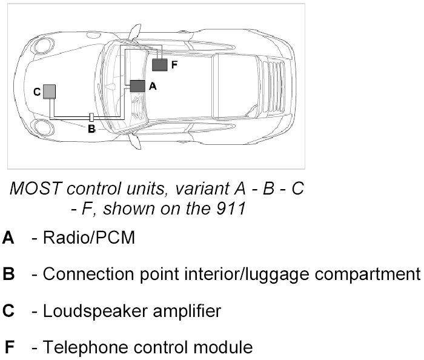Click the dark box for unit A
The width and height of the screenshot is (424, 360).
point(138,86)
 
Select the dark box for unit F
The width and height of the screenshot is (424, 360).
point(159,64)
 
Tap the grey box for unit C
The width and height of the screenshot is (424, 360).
point(49,92)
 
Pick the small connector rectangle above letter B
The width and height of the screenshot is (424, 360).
point(91,116)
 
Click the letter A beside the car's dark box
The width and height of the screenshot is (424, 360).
point(153,87)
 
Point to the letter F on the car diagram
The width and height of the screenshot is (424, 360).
point(174,65)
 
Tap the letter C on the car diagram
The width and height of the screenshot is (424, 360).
point(37,92)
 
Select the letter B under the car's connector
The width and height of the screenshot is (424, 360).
point(91,128)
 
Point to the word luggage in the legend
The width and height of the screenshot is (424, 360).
point(273,275)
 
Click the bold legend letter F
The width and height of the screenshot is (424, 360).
point(9,348)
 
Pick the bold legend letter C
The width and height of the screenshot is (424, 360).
point(8,312)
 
